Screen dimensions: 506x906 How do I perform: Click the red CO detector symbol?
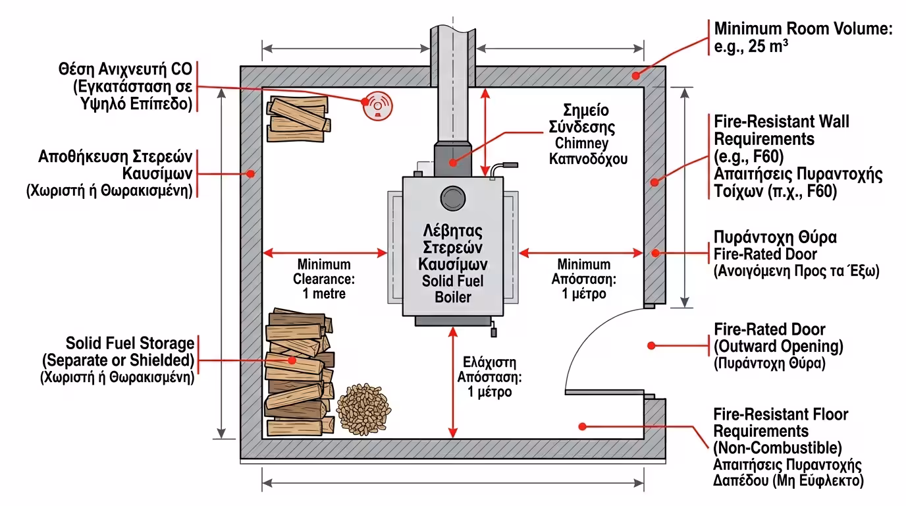tap(377, 106)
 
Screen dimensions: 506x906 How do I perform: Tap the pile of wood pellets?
tap(363, 407)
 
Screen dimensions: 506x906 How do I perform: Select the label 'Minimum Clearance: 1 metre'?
tap(323, 279)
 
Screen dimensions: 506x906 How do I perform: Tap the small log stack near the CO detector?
tap(298, 119)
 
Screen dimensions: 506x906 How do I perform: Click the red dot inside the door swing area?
tap(651, 345)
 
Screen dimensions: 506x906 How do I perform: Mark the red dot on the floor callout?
tap(582, 426)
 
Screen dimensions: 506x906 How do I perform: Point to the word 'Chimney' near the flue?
tap(581, 144)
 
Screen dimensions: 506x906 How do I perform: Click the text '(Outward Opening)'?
tap(778, 346)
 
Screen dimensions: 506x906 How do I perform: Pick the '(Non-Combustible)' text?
tap(778, 448)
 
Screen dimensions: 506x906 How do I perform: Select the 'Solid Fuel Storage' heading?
tap(130, 343)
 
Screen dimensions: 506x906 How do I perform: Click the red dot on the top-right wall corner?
tap(636, 76)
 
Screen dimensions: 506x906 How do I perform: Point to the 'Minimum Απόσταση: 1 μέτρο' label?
tap(584, 279)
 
